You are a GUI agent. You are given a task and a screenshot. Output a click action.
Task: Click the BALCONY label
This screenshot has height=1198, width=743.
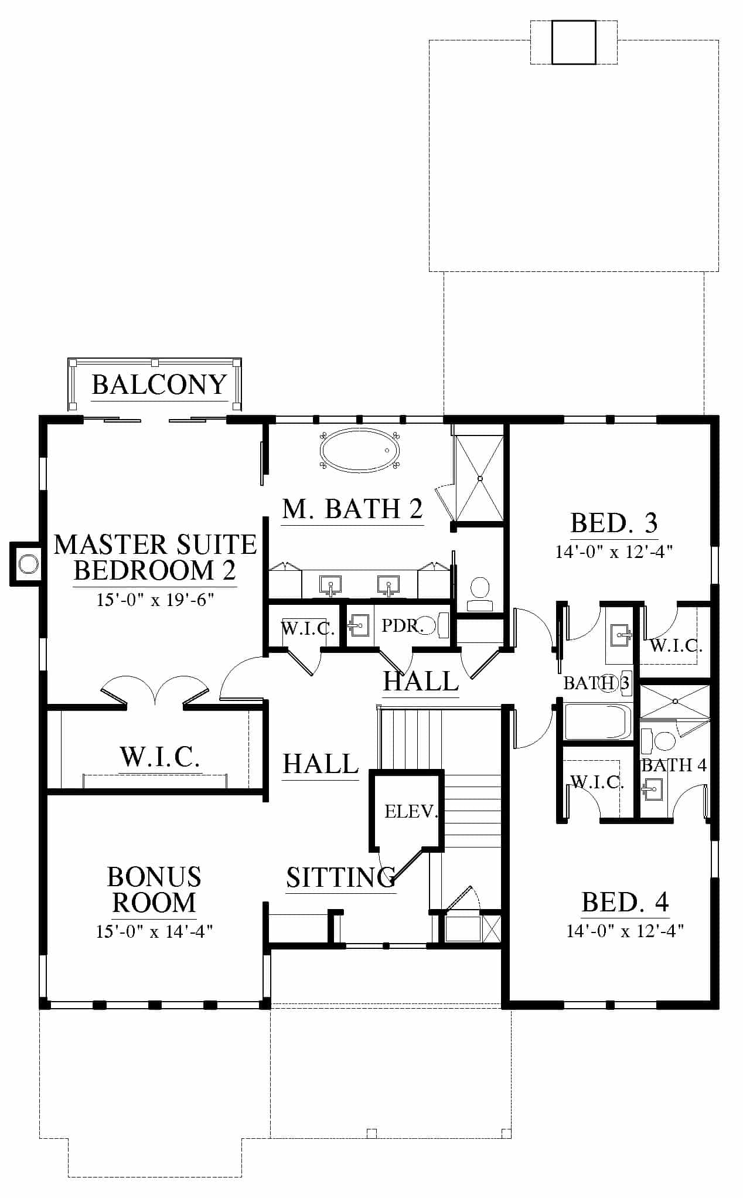tap(159, 385)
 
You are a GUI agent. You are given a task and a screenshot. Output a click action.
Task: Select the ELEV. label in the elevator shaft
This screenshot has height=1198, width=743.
tap(411, 812)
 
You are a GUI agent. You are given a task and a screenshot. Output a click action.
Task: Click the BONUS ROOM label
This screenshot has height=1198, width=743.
tap(154, 890)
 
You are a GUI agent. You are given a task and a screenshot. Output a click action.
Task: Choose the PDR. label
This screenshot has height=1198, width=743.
tap(402, 626)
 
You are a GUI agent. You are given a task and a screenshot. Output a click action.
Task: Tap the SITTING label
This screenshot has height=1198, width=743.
tap(341, 877)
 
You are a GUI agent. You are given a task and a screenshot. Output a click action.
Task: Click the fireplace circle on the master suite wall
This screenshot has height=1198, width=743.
tap(28, 564)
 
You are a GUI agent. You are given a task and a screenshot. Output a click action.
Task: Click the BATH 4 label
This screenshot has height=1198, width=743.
tap(674, 765)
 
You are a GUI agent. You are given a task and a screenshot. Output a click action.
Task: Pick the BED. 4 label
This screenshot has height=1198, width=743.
tap(625, 903)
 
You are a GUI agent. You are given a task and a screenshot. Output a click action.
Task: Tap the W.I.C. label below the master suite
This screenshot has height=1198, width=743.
tap(160, 757)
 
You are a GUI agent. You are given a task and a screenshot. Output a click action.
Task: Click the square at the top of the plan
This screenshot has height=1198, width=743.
tap(574, 42)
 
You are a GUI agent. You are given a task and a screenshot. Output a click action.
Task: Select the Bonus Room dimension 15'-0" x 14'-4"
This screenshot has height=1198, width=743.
tap(154, 931)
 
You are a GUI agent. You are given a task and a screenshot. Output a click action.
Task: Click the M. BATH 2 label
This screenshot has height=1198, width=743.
tap(352, 509)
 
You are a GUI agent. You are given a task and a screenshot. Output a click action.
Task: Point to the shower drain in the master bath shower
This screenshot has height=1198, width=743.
tap(480, 479)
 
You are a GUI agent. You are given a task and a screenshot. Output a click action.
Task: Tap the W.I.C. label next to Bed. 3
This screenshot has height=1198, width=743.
tap(676, 646)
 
